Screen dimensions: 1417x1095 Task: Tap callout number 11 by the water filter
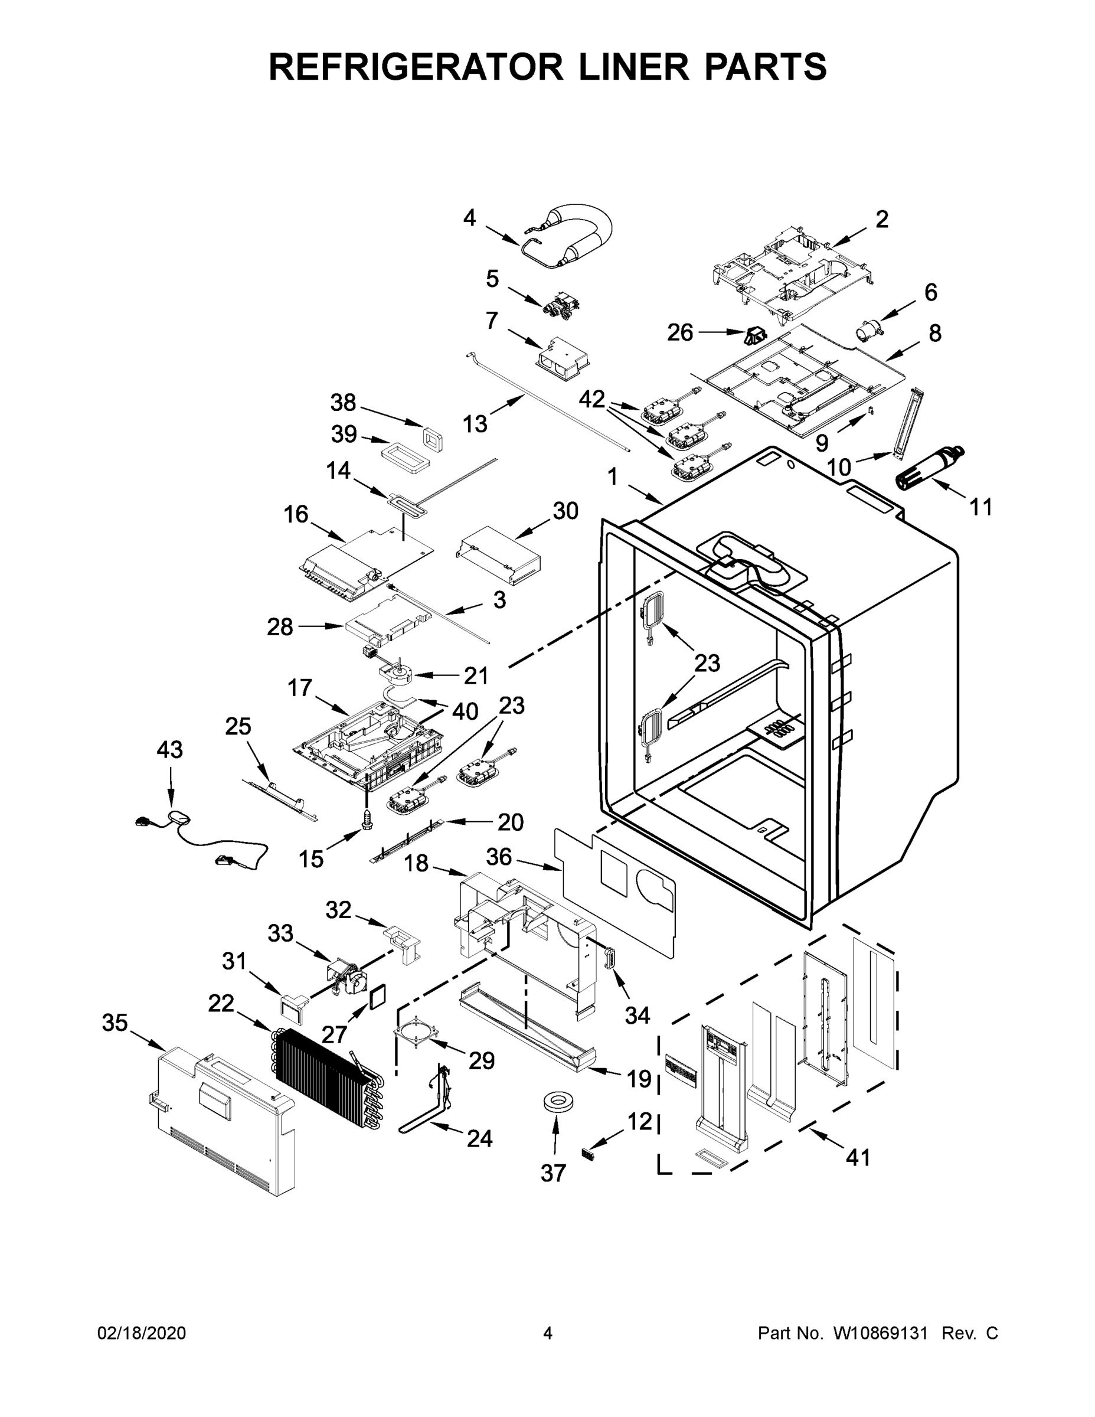(x=981, y=507)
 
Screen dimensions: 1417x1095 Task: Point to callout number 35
(x=115, y=1023)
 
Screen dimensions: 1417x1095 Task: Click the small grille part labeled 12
(x=589, y=1155)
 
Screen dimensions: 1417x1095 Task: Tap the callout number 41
(x=858, y=1157)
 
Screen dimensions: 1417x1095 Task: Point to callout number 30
(x=565, y=511)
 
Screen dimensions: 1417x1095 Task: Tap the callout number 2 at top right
(x=881, y=220)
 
